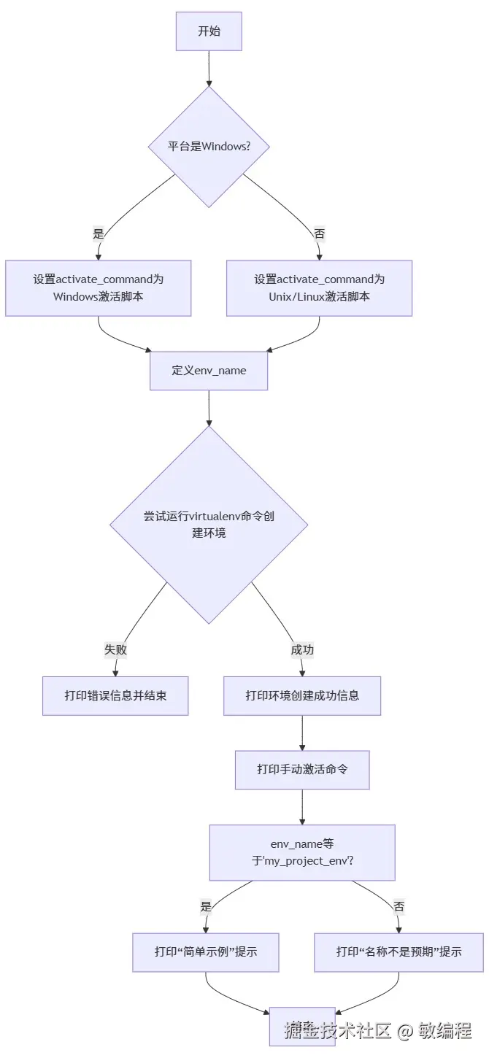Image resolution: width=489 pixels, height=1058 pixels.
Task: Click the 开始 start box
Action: click(209, 31)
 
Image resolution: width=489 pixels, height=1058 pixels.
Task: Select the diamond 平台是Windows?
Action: click(209, 147)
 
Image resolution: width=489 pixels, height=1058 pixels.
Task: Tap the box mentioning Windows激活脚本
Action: click(99, 288)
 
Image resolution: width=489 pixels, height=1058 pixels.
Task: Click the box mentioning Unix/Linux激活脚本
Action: click(319, 288)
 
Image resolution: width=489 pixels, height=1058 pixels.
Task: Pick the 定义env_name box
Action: click(209, 371)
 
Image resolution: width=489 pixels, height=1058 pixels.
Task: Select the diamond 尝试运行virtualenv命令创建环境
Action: click(209, 525)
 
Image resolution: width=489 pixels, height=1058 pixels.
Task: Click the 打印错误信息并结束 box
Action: click(115, 695)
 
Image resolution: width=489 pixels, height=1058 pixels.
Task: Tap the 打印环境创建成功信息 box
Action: click(302, 695)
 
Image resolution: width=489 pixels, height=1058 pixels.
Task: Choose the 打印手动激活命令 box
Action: click(302, 770)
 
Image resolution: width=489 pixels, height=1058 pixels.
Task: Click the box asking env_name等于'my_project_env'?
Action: click(302, 852)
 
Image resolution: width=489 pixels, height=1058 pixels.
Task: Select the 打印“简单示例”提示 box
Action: click(206, 951)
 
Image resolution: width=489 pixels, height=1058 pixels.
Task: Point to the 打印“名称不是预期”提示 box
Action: click(398, 951)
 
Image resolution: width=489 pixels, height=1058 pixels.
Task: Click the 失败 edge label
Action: click(115, 649)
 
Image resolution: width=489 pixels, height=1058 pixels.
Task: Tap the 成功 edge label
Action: click(302, 649)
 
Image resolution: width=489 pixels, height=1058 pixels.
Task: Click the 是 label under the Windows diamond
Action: click(99, 234)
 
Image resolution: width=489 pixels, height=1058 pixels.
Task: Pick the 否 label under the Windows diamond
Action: click(319, 234)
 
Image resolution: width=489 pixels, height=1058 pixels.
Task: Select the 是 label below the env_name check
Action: click(206, 907)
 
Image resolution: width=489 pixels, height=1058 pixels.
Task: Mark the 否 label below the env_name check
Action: click(398, 907)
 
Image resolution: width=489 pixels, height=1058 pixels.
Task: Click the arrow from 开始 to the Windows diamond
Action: click(209, 69)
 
